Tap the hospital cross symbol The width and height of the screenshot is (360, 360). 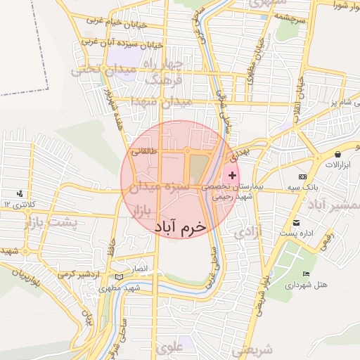233,174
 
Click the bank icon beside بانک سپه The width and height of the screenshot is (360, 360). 302,176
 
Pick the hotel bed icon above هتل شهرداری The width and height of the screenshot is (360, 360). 304,274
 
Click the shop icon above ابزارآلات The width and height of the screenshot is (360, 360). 338,153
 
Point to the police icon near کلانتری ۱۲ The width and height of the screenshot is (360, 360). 19,193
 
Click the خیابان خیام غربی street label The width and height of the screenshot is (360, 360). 116,22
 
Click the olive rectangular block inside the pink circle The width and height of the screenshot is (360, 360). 198,169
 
